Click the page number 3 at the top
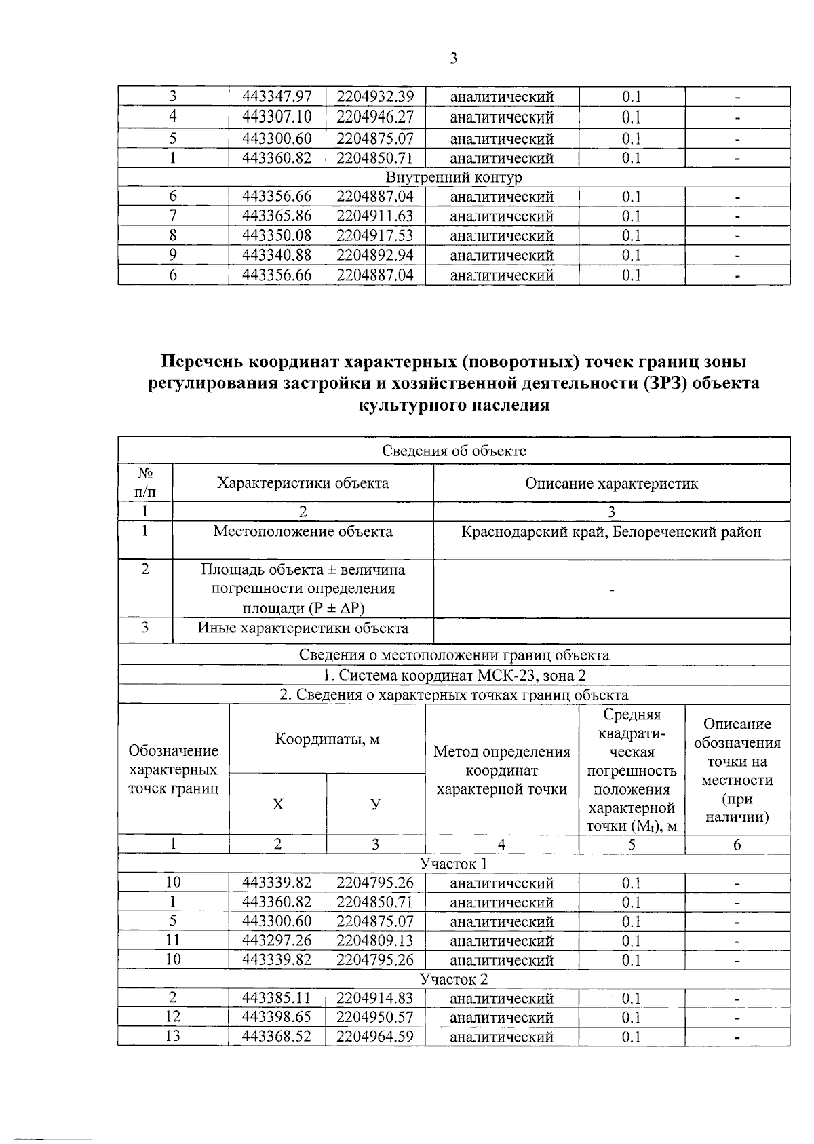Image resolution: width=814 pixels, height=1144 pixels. click(x=454, y=59)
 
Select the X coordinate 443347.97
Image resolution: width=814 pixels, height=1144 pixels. click(x=277, y=97)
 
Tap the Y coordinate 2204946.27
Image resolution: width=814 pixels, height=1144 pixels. click(x=375, y=117)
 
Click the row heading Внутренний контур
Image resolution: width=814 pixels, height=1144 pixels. click(x=454, y=178)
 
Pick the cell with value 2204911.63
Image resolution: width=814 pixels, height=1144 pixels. click(x=375, y=216)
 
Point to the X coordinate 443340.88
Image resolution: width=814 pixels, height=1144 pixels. click(x=277, y=256)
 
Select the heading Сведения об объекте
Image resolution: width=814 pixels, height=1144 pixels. click(x=454, y=451)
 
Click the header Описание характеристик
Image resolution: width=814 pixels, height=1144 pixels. click(x=611, y=484)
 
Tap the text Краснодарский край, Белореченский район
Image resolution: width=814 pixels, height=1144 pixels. click(x=611, y=532)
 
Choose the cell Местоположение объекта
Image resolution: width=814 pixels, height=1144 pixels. click(x=303, y=532)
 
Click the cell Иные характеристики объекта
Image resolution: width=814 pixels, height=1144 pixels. click(x=303, y=628)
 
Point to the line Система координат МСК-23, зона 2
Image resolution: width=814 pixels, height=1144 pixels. click(x=454, y=676)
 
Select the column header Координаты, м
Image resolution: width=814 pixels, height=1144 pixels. click(x=327, y=739)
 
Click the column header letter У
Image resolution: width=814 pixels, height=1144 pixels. click(x=375, y=805)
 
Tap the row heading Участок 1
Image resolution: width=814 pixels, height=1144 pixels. click(x=454, y=864)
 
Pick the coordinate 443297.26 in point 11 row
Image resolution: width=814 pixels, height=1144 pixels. click(x=277, y=941)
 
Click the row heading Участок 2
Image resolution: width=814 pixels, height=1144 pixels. click(x=454, y=980)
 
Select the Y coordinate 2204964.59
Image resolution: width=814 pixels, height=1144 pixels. click(x=375, y=1037)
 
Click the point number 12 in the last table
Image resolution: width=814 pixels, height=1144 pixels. click(x=173, y=1017)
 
